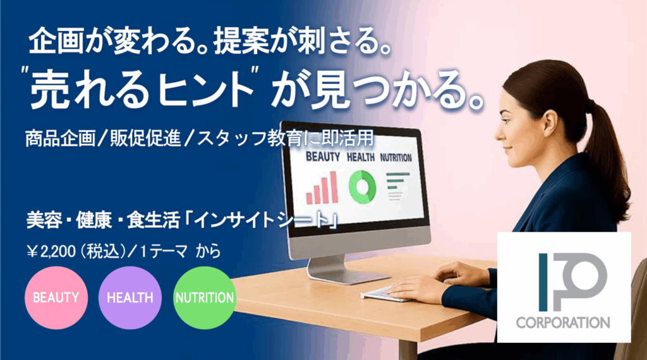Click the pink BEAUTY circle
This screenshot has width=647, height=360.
click(x=56, y=297)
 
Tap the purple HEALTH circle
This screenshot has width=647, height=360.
click(x=130, y=297)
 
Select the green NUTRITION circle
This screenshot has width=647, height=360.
click(x=205, y=297)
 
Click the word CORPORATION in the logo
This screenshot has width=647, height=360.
click(x=563, y=323)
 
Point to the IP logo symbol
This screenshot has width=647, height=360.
click(x=572, y=282)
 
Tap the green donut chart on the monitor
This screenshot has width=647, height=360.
click(x=362, y=186)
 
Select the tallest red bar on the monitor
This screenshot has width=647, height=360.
click(x=334, y=187)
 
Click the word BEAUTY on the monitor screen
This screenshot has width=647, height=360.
click(x=323, y=157)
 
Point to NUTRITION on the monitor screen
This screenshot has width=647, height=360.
click(x=396, y=157)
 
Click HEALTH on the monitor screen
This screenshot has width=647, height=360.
click(x=361, y=157)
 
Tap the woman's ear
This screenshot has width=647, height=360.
click(x=551, y=121)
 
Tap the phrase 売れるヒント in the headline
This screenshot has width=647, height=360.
click(x=142, y=88)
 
